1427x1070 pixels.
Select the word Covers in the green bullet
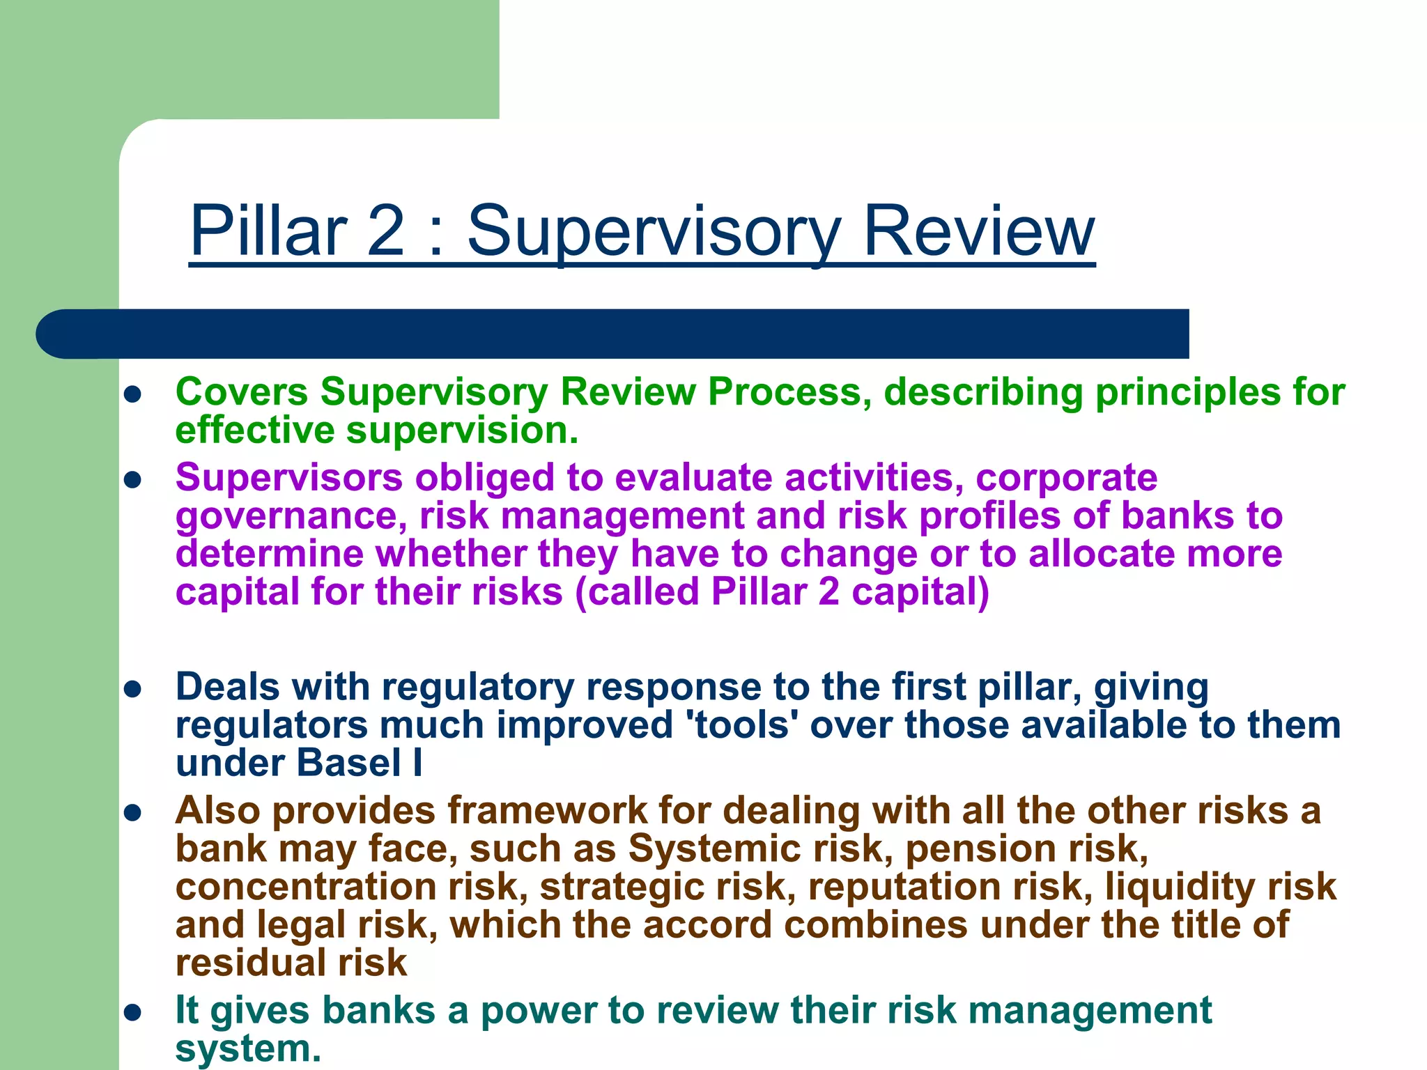(241, 391)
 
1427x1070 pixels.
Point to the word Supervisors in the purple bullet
(289, 479)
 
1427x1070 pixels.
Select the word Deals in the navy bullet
(227, 687)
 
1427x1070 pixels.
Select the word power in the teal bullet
(538, 1011)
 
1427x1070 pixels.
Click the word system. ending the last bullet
(248, 1048)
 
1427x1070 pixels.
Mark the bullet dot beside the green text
(132, 395)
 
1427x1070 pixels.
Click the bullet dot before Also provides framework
(132, 813)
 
